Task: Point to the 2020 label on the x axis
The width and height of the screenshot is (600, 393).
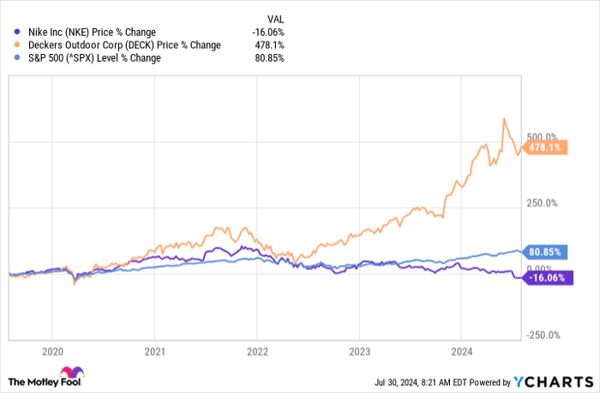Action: coord(52,352)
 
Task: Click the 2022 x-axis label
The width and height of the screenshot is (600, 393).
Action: coord(257,352)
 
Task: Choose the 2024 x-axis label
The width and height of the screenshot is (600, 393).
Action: coord(461,352)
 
